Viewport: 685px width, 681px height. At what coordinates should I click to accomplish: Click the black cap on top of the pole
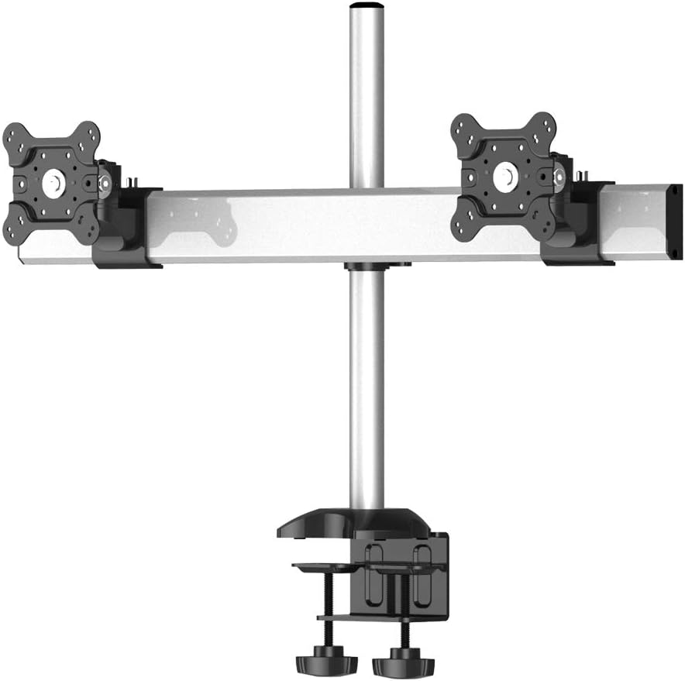point(367,6)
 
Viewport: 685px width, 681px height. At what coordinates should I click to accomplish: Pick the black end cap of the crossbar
point(675,220)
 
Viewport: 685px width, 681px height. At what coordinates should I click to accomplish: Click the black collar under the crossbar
point(377,267)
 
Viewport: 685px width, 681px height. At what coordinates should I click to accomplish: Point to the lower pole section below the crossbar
point(367,387)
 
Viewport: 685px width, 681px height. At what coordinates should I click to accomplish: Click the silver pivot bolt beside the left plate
point(105,184)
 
